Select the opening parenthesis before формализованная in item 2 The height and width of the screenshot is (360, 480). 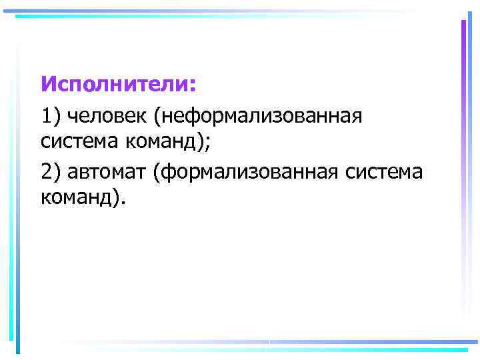pyautogui.click(x=155, y=171)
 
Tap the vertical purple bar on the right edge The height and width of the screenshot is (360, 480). pyautogui.click(x=463, y=167)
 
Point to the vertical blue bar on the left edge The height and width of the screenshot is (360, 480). pyautogui.click(x=18, y=200)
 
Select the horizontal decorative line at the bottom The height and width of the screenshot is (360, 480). pyautogui.click(x=267, y=347)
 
